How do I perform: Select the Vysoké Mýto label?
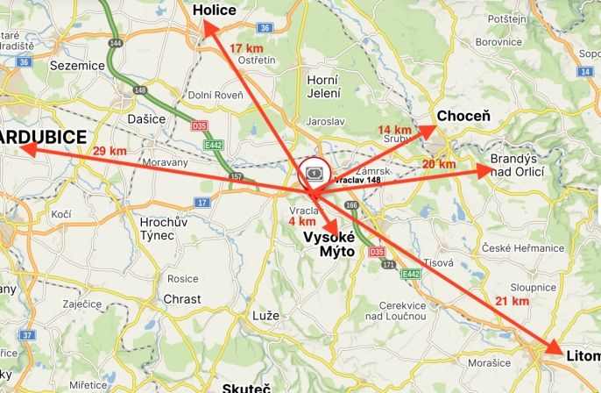[329, 244]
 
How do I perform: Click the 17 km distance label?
[246, 47]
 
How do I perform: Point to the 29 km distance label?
[110, 151]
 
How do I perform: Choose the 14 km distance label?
[394, 130]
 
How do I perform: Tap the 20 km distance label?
[438, 164]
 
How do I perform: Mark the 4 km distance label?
[301, 221]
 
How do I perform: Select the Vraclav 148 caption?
[357, 180]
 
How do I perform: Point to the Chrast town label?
[182, 299]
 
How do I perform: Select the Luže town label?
[265, 315]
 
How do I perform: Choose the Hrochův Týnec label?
[164, 230]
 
